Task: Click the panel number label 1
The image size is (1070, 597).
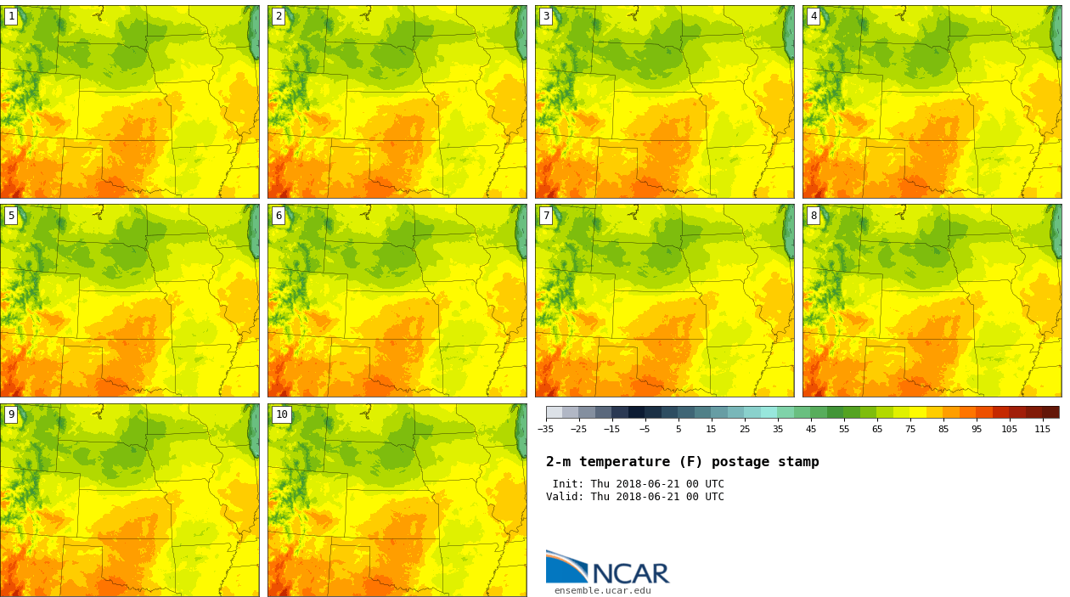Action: (11, 16)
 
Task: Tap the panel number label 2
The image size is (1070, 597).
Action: (279, 16)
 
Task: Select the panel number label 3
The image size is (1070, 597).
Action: (546, 16)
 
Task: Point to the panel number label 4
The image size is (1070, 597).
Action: (814, 16)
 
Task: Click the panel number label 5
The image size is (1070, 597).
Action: (11, 216)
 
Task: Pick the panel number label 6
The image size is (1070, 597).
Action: (279, 216)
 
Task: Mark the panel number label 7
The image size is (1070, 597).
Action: (546, 216)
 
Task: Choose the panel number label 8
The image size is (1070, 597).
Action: (814, 216)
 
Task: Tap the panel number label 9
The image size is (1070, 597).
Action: (11, 414)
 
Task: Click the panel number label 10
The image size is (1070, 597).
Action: (281, 414)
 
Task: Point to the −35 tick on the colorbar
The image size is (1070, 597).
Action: (546, 429)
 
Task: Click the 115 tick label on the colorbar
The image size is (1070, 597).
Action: (1042, 429)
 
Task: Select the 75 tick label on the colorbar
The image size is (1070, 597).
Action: (910, 429)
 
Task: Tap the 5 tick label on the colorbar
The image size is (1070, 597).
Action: (678, 429)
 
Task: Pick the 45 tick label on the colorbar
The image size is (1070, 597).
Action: (811, 429)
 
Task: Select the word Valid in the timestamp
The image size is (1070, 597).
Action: (563, 497)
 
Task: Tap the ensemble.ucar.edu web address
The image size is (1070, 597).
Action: (602, 591)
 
